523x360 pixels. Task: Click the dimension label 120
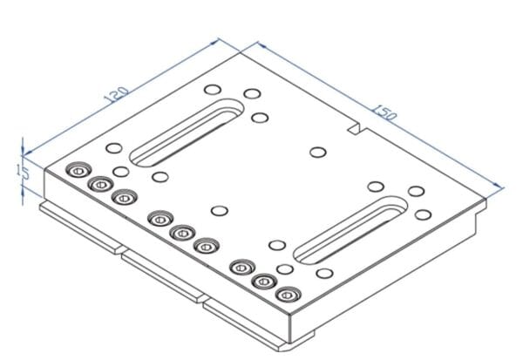tap(117, 93)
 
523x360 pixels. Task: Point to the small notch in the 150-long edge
tap(355, 130)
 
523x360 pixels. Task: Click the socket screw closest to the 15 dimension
tap(79, 170)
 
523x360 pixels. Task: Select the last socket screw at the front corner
tap(285, 294)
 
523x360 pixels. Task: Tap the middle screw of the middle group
tap(182, 232)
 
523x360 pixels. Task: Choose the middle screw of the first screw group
tap(100, 183)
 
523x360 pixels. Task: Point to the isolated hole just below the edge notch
tap(317, 153)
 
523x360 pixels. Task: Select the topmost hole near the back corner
tap(211, 89)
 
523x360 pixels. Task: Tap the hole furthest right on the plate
tap(425, 214)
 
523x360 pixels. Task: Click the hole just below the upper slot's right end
tap(259, 116)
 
